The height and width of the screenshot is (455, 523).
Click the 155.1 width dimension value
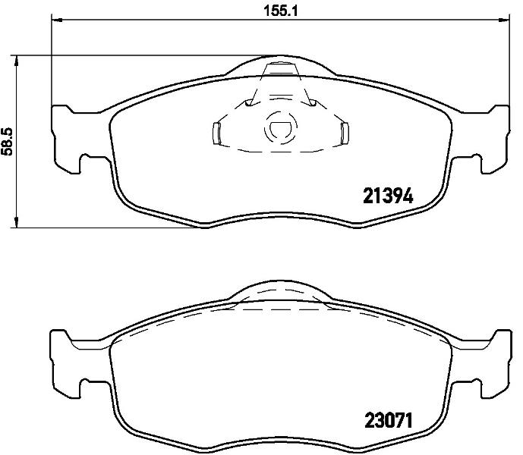(281, 11)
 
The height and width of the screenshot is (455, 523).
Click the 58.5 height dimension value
(8, 141)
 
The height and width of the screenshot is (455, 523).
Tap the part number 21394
(388, 196)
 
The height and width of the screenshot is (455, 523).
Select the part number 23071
(389, 420)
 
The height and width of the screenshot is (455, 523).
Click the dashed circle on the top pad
(281, 128)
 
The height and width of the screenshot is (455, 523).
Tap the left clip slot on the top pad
(216, 133)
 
